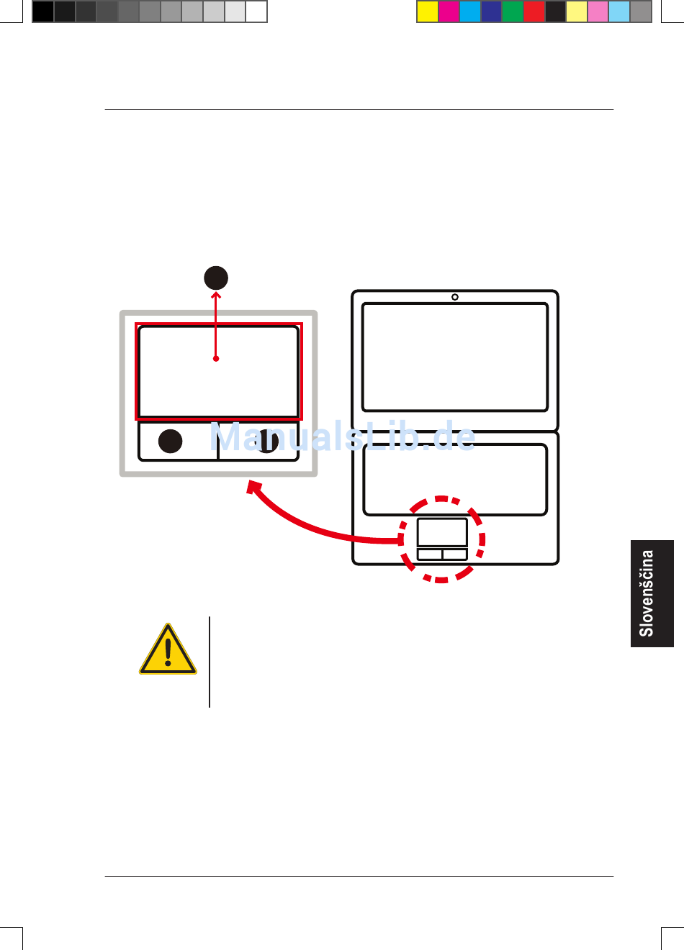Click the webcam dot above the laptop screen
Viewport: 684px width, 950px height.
click(455, 297)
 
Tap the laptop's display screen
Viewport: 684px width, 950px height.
click(455, 357)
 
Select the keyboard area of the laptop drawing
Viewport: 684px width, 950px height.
click(455, 479)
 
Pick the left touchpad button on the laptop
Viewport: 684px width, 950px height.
click(430, 554)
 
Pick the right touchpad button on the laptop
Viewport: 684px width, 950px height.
click(454, 554)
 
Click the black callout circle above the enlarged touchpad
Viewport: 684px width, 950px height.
click(216, 278)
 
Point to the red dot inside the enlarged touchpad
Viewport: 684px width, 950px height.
click(216, 358)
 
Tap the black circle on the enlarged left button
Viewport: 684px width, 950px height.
click(171, 441)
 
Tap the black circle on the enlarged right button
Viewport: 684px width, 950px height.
click(267, 441)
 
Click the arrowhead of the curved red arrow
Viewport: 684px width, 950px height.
click(253, 487)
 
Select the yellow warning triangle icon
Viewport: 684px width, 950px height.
click(168, 651)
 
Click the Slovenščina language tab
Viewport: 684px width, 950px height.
click(652, 593)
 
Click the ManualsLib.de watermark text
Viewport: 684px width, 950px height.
click(343, 436)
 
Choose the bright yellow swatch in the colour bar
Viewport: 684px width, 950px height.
click(428, 12)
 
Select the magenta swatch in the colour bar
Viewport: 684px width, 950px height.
click(449, 12)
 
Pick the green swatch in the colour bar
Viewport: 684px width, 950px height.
click(513, 12)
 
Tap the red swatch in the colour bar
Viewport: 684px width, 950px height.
click(534, 12)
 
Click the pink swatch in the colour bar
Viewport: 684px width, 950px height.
click(598, 12)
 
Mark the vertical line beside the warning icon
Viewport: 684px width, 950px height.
click(210, 662)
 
